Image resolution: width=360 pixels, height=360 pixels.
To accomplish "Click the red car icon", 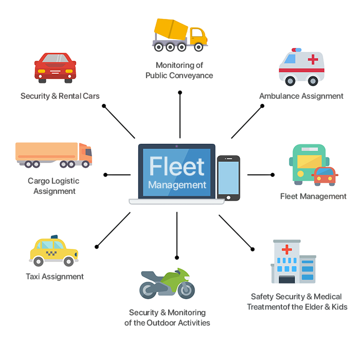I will [55, 67].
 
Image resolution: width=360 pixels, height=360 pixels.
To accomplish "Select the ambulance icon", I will [301, 66].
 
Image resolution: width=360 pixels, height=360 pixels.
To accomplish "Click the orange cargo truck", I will [53, 154].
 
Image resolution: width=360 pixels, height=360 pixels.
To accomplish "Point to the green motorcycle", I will [167, 283].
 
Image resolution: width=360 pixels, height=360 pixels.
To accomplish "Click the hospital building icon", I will [293, 262].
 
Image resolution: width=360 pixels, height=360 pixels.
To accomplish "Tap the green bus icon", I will [308, 164].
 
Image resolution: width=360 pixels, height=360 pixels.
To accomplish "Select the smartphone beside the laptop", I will [228, 177].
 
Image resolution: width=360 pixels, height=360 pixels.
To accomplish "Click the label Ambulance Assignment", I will [301, 96].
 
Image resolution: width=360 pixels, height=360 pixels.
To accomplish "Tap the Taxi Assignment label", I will [55, 277].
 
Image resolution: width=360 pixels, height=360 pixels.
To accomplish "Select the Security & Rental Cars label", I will [60, 96].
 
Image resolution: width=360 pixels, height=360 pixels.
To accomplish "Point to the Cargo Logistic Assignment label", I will [54, 186].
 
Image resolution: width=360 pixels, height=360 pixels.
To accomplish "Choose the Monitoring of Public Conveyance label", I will [179, 70].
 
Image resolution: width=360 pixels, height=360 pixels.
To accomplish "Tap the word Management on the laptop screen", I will [177, 185].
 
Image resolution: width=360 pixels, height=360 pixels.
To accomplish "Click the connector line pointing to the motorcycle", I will [177, 234].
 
